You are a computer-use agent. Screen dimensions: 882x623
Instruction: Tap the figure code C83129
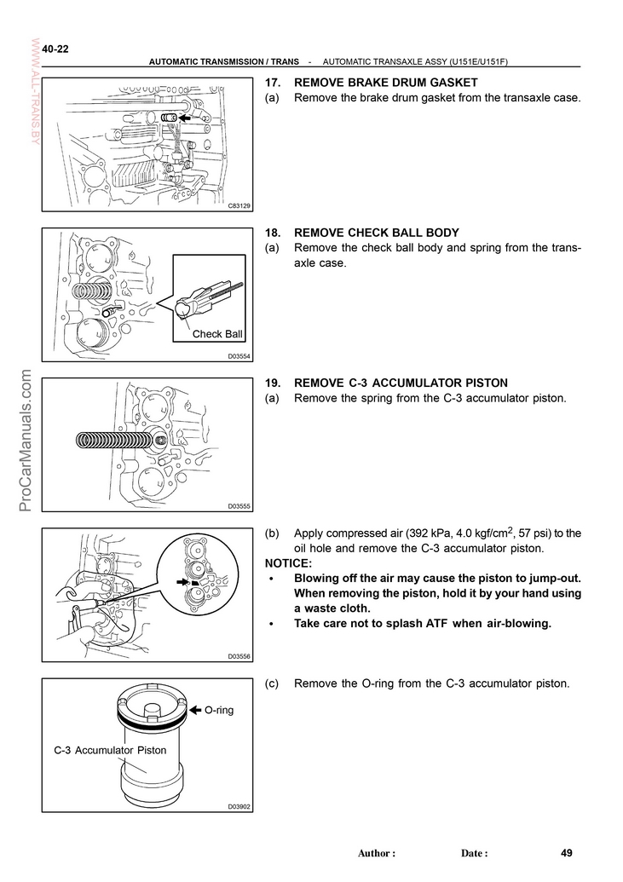(239, 206)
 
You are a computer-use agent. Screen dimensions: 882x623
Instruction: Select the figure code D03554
(239, 356)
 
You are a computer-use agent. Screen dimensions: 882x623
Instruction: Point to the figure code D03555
(239, 506)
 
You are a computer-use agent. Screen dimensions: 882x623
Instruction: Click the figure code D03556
(239, 656)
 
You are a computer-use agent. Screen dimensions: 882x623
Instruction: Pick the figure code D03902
(239, 806)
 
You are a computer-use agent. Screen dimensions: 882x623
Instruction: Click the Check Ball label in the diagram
(217, 334)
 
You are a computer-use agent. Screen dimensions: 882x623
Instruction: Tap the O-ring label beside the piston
(219, 709)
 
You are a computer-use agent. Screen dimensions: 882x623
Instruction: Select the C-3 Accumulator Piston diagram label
(110, 750)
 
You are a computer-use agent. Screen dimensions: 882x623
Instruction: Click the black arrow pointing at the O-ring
(194, 709)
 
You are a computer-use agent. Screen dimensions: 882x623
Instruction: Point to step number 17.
(273, 83)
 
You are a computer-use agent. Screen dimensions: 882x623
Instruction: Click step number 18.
(273, 233)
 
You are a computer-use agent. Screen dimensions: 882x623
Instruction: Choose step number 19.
(273, 383)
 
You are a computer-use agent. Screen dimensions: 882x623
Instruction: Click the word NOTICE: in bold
(289, 563)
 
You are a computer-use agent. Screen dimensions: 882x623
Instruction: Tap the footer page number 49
(567, 852)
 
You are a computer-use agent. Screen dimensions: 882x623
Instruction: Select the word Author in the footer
(374, 853)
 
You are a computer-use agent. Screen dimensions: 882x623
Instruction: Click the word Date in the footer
(472, 853)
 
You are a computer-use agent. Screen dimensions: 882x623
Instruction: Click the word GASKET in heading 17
(451, 83)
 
